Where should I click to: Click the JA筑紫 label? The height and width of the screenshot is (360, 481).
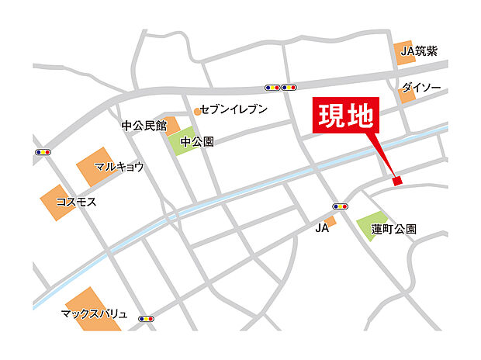[422, 52]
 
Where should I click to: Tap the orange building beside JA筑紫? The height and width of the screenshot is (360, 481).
[403, 52]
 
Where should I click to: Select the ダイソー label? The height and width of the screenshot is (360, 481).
[421, 88]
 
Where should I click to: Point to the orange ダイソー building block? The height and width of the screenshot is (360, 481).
[407, 93]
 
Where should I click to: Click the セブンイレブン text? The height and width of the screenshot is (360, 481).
[234, 109]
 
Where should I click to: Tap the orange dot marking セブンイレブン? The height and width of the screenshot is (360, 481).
[197, 111]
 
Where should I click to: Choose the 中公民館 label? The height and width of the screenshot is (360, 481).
[144, 124]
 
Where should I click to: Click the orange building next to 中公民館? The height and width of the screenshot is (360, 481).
[171, 125]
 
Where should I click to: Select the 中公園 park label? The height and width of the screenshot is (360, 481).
[196, 142]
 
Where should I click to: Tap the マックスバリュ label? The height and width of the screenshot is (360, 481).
[93, 315]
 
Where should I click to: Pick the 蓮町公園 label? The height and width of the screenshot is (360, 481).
[393, 229]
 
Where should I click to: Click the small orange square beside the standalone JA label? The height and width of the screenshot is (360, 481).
[330, 222]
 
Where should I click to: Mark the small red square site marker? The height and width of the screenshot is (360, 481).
[397, 181]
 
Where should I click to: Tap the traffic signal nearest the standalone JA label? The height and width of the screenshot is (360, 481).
[339, 206]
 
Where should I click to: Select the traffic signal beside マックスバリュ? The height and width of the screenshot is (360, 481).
[145, 318]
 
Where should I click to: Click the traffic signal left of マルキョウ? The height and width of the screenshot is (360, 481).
[42, 152]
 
